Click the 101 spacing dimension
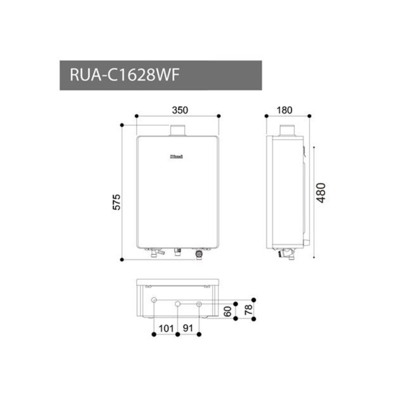166,328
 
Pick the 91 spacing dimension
188,328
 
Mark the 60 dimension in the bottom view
227,311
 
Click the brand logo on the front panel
176,156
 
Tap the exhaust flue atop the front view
177,130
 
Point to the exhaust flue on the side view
288,130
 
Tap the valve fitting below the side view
287,253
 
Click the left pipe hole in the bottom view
154,300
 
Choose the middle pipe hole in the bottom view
178,304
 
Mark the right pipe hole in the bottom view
199,304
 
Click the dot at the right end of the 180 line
309,116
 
